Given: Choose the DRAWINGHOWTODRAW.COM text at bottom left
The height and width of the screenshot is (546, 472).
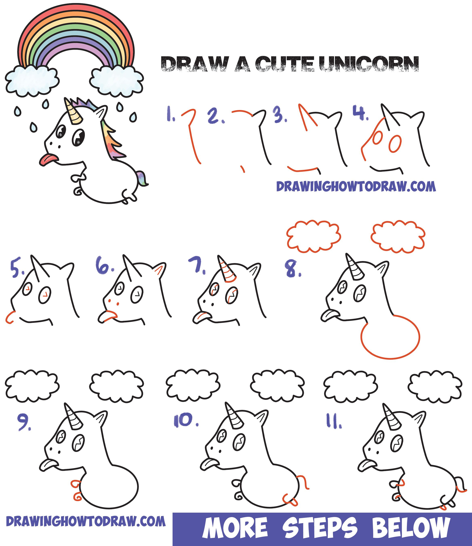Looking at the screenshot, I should [x=86, y=521].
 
